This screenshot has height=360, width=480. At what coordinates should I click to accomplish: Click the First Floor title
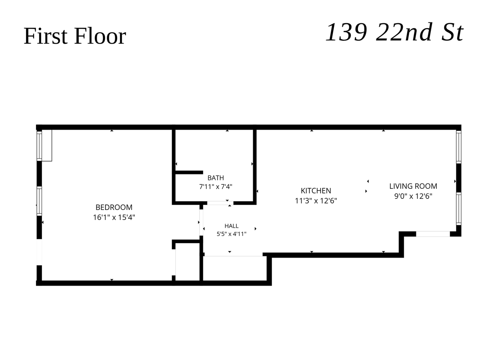point(74,36)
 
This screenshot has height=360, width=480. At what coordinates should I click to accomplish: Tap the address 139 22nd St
point(394,32)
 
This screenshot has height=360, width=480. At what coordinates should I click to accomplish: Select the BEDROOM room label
point(114,207)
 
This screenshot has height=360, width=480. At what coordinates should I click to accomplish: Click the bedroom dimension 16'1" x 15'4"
point(114,217)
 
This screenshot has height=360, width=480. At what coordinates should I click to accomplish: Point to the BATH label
point(216,178)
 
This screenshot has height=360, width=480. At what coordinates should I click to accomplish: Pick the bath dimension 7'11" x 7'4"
point(216,187)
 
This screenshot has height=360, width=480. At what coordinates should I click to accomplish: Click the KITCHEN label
point(316,191)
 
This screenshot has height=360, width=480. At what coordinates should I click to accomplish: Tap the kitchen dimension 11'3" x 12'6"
point(316,201)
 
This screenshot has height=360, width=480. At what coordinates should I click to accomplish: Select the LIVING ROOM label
point(413,186)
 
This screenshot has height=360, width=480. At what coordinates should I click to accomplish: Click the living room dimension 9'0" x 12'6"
point(413,196)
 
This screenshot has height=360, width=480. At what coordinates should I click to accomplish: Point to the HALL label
point(231,226)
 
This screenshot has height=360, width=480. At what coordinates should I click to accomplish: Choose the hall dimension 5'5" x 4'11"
point(231,234)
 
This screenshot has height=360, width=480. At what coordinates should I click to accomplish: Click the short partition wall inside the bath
point(189,172)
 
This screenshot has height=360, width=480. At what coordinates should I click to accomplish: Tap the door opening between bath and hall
point(220,203)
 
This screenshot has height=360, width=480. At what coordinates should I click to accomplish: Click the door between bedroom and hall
point(201,222)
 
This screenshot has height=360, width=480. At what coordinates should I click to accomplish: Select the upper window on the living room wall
point(458,147)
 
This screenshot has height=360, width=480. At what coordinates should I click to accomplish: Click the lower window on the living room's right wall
point(458,208)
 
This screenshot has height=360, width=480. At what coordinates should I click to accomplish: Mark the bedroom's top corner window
point(39,146)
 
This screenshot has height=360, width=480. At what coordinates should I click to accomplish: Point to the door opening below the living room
point(433,234)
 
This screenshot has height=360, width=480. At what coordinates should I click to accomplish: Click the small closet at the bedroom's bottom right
point(188,262)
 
